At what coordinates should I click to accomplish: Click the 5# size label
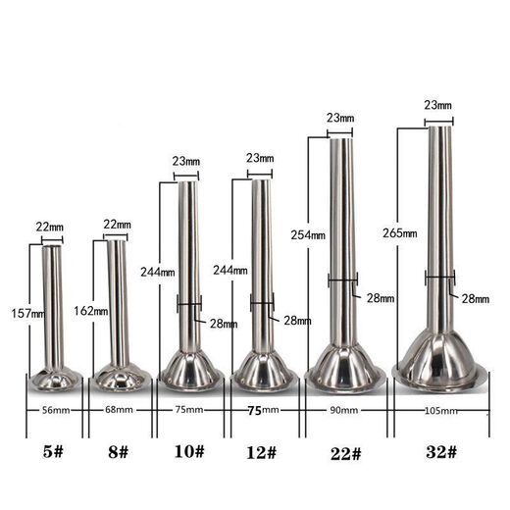pos(54,452)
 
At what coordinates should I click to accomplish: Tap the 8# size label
pos(118,452)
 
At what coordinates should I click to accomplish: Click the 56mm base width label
pos(55,409)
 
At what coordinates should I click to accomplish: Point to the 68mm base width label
pos(119,409)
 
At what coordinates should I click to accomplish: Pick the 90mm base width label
pos(343,409)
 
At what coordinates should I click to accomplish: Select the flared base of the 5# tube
pos(54,377)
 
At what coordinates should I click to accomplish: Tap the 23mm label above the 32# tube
pos(438,104)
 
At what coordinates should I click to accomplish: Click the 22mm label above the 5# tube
pos(51,228)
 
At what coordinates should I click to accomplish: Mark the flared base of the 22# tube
pos(343,368)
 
